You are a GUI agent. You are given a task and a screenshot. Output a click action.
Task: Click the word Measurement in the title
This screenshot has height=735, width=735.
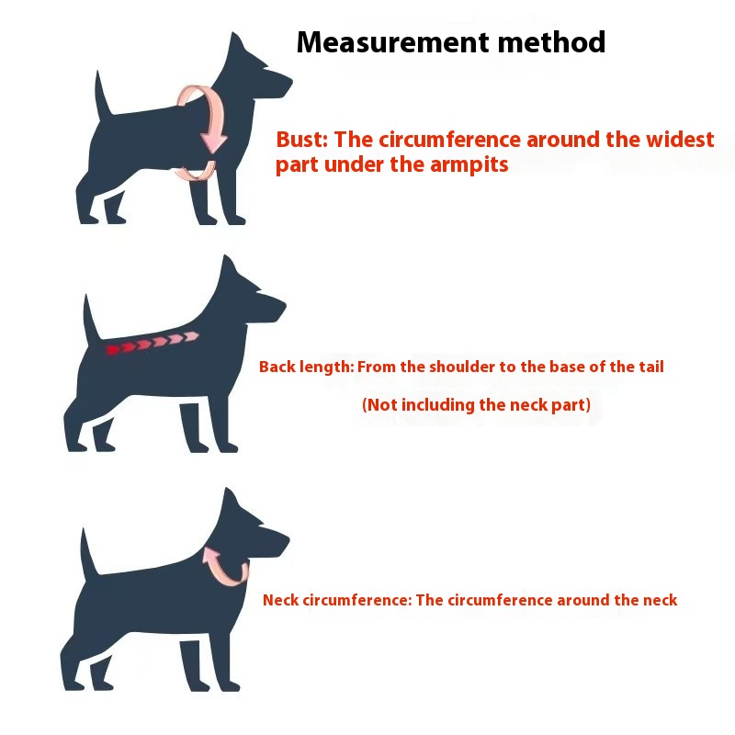coord(394,42)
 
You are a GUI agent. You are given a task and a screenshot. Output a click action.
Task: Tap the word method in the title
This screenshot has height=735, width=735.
coord(552,42)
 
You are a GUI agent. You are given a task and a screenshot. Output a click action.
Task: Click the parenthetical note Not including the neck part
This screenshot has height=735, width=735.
coord(476,404)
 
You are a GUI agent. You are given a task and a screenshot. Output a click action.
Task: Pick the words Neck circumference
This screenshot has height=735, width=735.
coord(337,600)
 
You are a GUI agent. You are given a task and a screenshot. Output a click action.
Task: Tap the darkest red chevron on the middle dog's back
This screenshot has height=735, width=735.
coord(113,350)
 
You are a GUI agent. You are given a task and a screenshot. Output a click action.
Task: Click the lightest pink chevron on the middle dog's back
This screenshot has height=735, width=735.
coord(191,336)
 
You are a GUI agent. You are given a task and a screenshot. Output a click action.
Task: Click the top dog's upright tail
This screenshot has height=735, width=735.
coord(103,94)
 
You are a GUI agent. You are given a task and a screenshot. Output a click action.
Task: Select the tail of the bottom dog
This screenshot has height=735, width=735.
coord(88,552)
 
